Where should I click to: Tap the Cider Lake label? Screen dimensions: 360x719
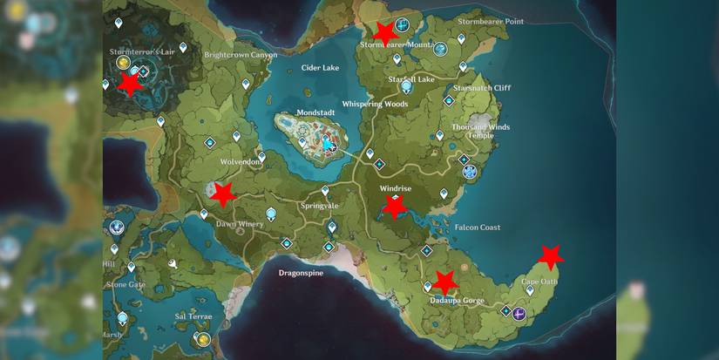point(320,67)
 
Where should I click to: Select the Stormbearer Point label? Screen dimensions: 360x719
point(491,21)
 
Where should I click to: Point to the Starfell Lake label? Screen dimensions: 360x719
point(413,79)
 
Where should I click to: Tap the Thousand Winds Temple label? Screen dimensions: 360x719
point(480,131)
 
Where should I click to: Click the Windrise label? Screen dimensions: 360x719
point(395,188)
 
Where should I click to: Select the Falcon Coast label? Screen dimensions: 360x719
point(478,228)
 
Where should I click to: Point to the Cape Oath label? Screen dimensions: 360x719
point(539,281)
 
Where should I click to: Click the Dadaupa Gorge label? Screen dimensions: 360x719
point(456,300)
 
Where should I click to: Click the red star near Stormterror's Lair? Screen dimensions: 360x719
point(130,84)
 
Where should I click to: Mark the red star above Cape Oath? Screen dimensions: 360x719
point(550,256)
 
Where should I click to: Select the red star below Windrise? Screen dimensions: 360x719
point(395,207)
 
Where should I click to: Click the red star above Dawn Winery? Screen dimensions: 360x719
point(223,194)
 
